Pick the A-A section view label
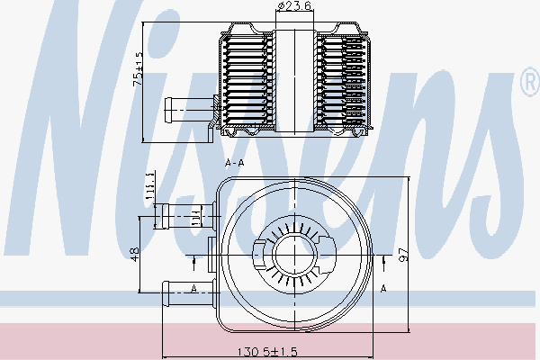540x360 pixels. tap(235, 164)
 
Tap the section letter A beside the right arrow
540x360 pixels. tap(383, 289)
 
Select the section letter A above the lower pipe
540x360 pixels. tap(194, 288)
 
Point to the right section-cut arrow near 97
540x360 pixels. tap(384, 262)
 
